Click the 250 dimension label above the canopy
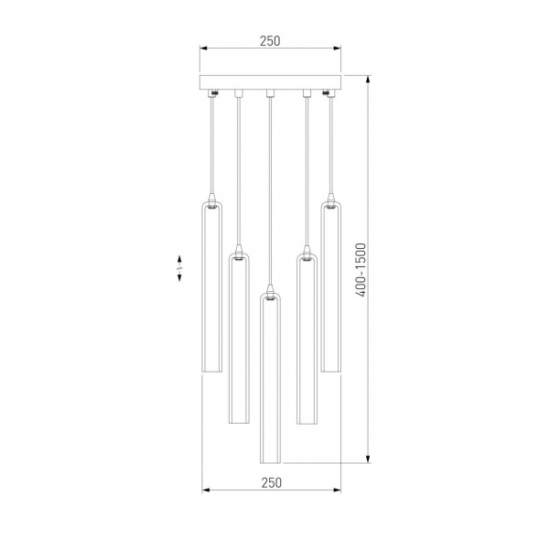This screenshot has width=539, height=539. (270, 40)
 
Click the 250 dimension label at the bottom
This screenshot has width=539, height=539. (270, 481)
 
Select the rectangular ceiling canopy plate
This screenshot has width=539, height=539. (270, 83)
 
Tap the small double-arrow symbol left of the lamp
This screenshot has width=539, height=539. (179, 267)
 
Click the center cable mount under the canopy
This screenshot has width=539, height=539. (270, 92)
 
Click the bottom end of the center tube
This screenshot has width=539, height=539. (270, 461)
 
